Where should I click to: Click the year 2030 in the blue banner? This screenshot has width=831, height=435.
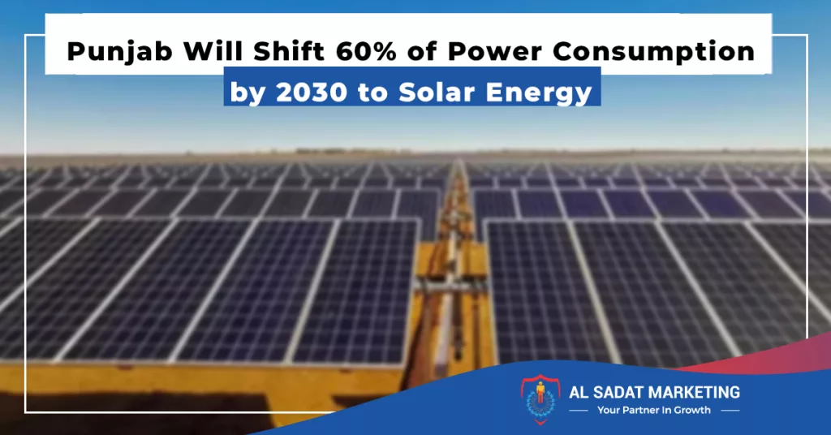312,93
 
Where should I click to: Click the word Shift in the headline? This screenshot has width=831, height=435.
288,52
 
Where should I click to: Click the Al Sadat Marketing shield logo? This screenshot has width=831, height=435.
540,399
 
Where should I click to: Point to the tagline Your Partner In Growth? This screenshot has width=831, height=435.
653,410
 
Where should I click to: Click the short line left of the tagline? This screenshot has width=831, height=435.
578,411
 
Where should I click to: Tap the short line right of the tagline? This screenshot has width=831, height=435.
730,411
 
